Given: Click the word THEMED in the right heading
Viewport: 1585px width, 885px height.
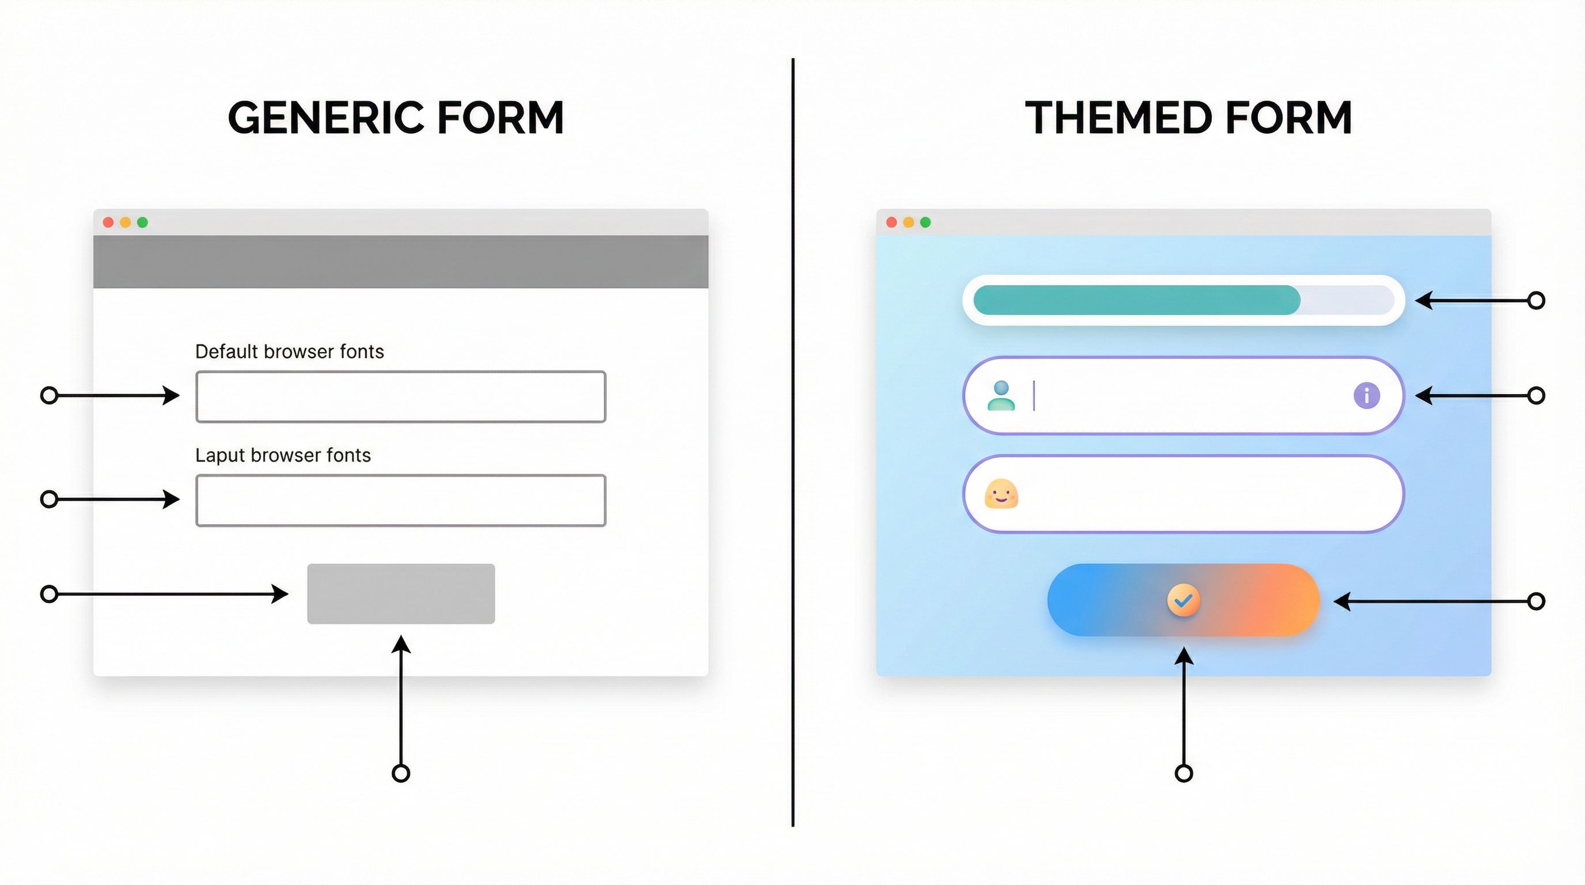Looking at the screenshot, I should [1118, 118].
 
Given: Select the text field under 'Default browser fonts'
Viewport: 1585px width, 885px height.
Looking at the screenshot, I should [400, 397].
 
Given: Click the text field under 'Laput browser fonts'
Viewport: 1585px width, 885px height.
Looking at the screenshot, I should [400, 500].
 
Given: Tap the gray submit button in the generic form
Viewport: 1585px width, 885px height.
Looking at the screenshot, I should [400, 594].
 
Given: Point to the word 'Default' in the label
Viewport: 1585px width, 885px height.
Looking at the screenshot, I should [226, 351].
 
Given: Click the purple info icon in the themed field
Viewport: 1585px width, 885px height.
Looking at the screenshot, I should [1367, 395].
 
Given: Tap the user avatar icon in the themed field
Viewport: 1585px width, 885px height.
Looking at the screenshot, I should [1001, 396].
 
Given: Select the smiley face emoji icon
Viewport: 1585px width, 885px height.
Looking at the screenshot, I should [1001, 494].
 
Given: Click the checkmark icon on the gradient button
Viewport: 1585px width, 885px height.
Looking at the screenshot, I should [1183, 600].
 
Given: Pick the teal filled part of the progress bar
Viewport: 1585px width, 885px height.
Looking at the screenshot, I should [1136, 300].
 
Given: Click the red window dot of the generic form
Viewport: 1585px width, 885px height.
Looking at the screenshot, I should [108, 222].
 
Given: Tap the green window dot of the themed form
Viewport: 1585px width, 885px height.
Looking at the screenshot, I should [926, 222].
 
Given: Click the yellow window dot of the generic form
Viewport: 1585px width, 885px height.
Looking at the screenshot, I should [126, 222].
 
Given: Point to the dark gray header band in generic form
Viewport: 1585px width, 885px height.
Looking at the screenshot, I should [400, 262].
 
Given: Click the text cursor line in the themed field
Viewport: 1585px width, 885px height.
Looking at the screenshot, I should [1034, 396].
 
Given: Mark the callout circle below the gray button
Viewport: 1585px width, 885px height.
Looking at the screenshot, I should [400, 773].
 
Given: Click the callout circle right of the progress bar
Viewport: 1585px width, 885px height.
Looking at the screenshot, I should [1537, 300].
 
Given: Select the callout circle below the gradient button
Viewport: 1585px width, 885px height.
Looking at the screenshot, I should [1184, 773].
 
